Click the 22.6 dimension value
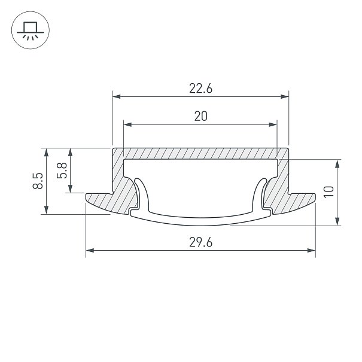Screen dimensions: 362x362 (x=200, y=89)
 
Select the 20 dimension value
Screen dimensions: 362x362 (x=200, y=116)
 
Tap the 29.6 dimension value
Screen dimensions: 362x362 (x=200, y=242)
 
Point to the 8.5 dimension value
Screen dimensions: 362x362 (x=38, y=181)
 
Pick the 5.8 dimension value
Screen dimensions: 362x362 (x=62, y=171)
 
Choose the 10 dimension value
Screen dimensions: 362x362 (x=328, y=191)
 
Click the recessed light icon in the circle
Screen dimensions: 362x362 (x=30, y=31)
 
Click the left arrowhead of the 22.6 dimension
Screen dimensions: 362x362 (x=116, y=96)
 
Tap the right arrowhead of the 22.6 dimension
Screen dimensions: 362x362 (x=285, y=96)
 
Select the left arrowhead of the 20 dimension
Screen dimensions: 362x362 (x=127, y=124)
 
